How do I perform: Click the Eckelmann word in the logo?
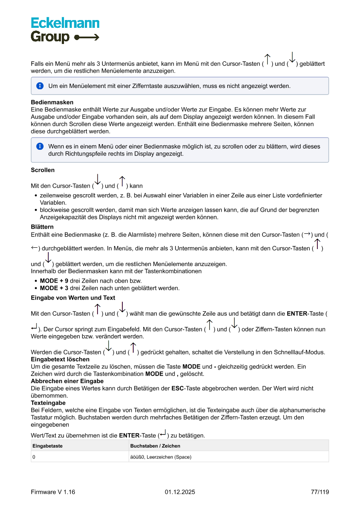(x=65, y=23)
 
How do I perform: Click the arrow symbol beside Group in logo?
(x=87, y=37)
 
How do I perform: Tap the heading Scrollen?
(x=43, y=170)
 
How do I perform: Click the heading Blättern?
(x=42, y=227)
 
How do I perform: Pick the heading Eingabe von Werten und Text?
(x=73, y=298)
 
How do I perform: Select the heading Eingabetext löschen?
(x=60, y=359)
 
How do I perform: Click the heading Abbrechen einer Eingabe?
(x=67, y=381)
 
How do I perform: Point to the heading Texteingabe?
(x=48, y=403)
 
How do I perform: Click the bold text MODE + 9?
(x=54, y=281)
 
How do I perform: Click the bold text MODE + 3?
(x=54, y=288)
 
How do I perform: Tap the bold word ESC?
(x=178, y=388)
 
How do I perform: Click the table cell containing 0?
(x=34, y=457)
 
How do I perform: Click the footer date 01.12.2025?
(x=180, y=492)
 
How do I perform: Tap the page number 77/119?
(x=320, y=492)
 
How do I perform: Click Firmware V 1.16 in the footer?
(x=53, y=492)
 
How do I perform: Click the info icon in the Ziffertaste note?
(x=40, y=86)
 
